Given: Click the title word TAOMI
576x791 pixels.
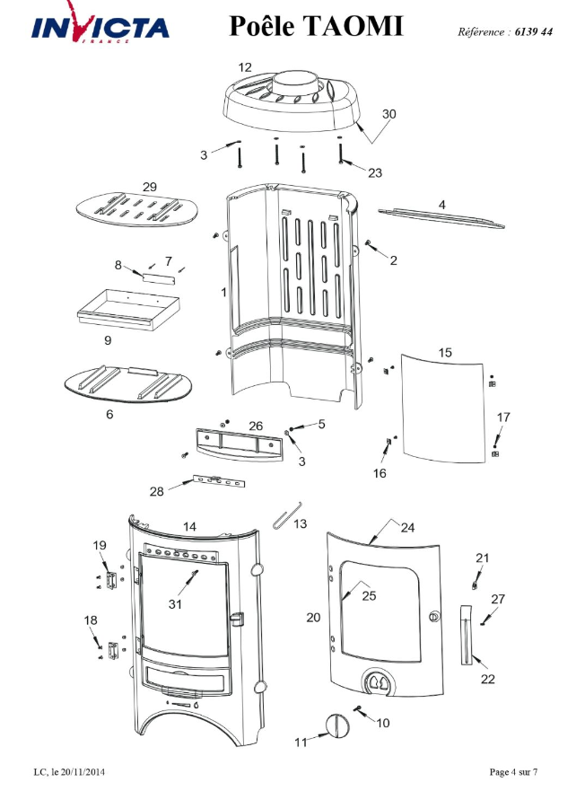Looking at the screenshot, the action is pos(353,26).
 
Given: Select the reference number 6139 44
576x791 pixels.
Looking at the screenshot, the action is pos(534,31).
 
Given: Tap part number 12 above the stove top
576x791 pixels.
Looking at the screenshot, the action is pos(245,67).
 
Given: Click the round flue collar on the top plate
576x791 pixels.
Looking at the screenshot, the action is pos(295,83).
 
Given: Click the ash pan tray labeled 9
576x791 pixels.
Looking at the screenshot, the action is pos(129,309).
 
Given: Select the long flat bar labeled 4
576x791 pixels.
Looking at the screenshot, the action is pos(441,218).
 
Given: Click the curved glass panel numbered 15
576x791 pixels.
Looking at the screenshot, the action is pos(442,408).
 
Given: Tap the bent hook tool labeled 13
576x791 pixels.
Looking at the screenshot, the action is pos(287,515).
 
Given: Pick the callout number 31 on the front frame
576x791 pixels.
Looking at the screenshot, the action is pos(175,604).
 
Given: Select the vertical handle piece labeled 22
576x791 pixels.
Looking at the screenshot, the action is pos(467,634).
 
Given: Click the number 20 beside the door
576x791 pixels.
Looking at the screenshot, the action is pos(313,618).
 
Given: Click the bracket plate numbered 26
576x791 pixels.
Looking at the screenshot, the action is pos(239,444).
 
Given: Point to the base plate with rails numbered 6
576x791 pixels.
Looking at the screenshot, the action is pos(128,385).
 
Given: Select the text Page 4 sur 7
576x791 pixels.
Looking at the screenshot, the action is pos(513,772).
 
